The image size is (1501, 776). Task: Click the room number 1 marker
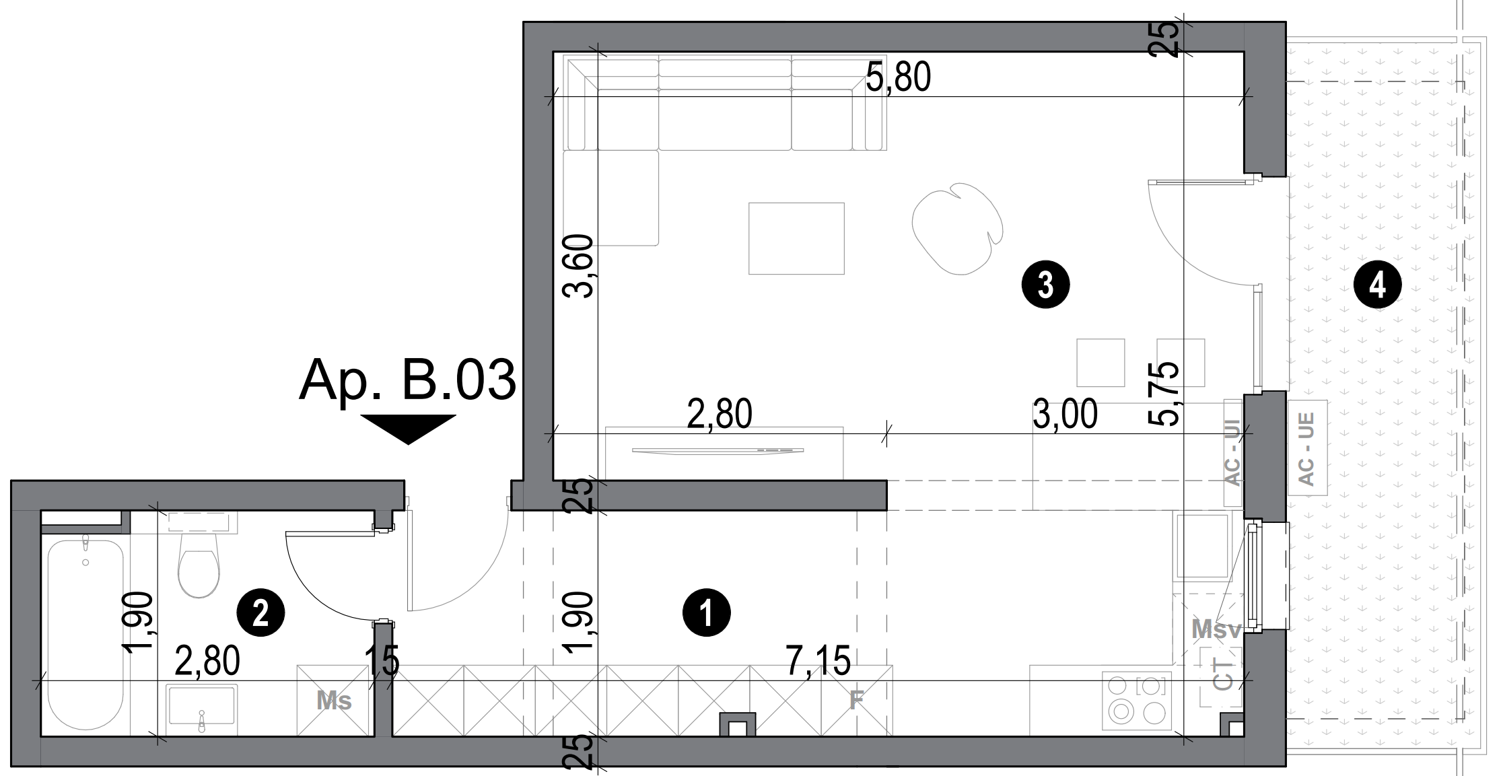point(706,613)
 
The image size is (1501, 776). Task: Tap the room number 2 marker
point(261,613)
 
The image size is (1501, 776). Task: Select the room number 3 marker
point(1045,285)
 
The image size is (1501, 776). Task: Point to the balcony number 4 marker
point(1377,285)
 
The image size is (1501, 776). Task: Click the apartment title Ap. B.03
point(408,381)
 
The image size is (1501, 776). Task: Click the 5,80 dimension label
point(898,77)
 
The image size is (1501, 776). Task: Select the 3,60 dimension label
point(579,266)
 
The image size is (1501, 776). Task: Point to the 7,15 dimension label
point(818,660)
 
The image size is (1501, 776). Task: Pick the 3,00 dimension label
point(1065,414)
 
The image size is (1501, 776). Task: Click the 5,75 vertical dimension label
point(1163,393)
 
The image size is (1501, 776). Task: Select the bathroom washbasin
point(202,707)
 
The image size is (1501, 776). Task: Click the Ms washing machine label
point(335,701)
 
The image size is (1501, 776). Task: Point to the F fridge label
point(856,701)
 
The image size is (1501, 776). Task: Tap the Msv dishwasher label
point(1216,630)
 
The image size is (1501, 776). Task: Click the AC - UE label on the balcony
point(1307,448)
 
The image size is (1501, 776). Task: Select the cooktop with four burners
point(1137,701)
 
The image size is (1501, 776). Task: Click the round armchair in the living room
point(956,230)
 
